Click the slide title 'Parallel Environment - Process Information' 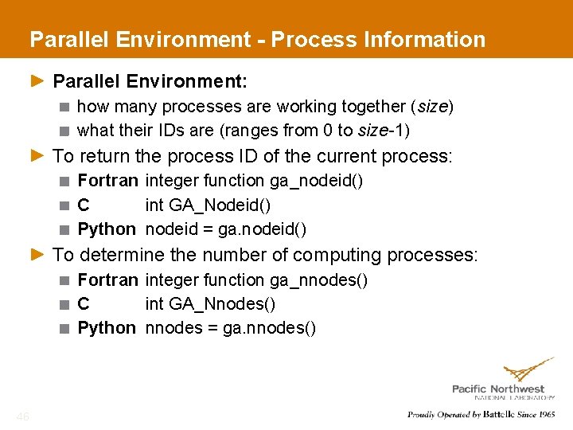(x=257, y=39)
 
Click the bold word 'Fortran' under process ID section (x=107, y=181)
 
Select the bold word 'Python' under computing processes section (x=107, y=328)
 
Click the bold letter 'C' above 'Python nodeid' (x=84, y=205)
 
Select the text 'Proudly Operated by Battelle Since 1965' (x=481, y=414)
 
